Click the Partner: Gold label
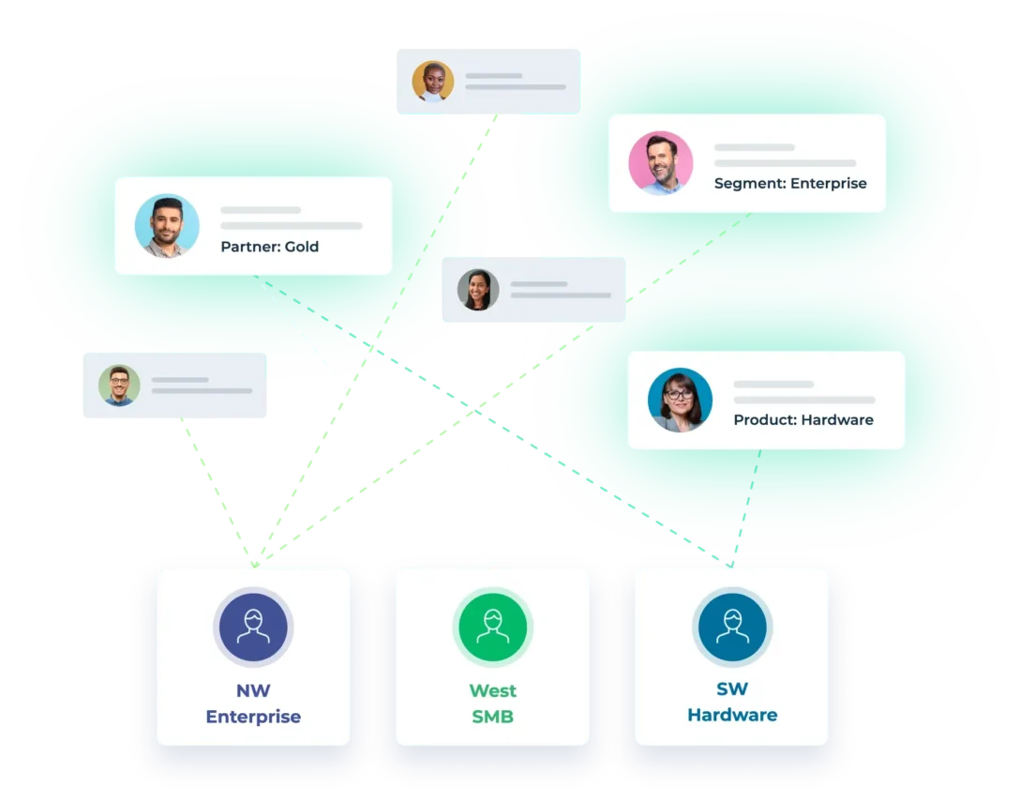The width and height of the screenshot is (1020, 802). (269, 247)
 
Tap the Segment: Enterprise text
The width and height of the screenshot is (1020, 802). (789, 184)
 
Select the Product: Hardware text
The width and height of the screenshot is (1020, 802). (802, 420)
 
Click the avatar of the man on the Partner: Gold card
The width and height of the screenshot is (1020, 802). (167, 226)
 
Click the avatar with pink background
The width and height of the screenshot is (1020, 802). (661, 163)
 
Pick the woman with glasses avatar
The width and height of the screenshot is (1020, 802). (680, 400)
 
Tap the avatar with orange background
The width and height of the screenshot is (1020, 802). (433, 82)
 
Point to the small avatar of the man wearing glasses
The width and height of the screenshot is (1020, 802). (119, 386)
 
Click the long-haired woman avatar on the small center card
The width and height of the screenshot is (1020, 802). (478, 290)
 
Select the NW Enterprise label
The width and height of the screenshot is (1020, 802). (253, 704)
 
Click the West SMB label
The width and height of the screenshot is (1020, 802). (492, 704)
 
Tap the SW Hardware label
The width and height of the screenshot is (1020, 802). (731, 702)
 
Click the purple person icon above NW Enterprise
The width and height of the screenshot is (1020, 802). (253, 628)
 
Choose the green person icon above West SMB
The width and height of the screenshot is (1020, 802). (492, 628)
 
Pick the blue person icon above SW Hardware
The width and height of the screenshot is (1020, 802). (731, 628)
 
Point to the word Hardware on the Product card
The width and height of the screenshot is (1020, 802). (836, 420)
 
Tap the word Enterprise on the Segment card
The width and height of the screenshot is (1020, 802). (828, 184)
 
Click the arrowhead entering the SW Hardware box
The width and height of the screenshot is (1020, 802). (729, 563)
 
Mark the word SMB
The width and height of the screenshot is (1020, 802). (492, 718)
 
